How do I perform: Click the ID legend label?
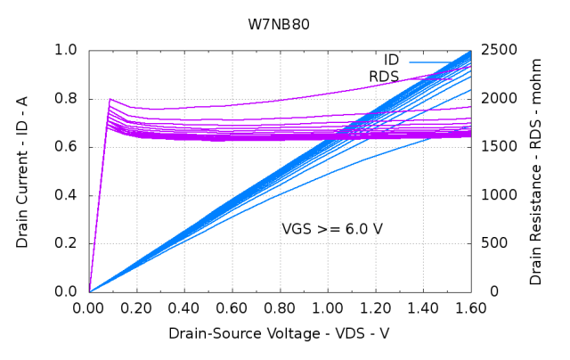[391, 60]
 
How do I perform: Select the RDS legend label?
[384, 77]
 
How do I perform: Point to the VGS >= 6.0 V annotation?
[332, 229]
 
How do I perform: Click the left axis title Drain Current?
[22, 171]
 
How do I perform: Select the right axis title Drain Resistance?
[535, 171]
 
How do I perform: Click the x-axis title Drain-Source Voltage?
[279, 333]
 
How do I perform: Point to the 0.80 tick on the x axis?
[280, 308]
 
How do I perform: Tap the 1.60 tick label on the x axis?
[470, 308]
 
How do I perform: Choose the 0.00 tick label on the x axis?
[89, 308]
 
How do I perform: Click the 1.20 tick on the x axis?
[375, 308]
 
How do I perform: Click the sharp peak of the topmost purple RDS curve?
[110, 99]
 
